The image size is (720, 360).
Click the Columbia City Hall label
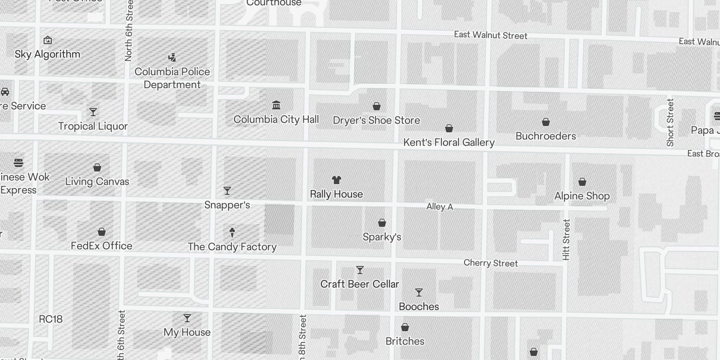(276, 119)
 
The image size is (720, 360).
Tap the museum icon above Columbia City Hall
(276, 105)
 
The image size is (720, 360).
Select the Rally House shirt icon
(336, 180)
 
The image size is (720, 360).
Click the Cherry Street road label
(490, 263)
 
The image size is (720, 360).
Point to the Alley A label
(440, 207)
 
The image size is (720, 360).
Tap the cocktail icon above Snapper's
(227, 191)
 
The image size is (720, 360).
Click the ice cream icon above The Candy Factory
(232, 232)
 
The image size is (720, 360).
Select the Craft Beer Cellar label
(360, 284)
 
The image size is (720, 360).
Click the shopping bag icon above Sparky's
(382, 223)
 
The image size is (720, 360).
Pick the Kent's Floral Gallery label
(449, 143)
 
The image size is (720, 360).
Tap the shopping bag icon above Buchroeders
(546, 122)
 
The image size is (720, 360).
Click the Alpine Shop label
(582, 196)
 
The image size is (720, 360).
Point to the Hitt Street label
(566, 239)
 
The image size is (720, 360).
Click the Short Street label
(670, 122)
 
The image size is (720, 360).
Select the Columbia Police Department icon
(172, 58)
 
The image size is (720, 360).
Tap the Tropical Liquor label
(93, 126)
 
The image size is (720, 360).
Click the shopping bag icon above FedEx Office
(102, 232)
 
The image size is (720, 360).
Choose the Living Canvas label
(97, 182)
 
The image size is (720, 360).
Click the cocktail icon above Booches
(419, 292)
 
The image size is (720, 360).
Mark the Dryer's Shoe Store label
(376, 121)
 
